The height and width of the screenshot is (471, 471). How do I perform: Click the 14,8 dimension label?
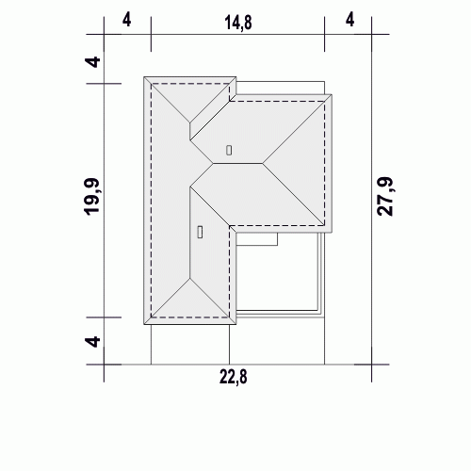[238, 23]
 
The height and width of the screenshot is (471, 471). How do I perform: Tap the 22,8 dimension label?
[234, 377]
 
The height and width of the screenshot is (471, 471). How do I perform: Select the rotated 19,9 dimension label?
[91, 197]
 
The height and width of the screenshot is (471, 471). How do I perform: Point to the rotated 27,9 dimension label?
[385, 197]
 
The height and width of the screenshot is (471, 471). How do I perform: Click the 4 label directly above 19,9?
[93, 62]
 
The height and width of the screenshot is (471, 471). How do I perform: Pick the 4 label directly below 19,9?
[93, 341]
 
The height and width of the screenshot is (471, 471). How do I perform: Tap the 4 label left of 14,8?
[126, 20]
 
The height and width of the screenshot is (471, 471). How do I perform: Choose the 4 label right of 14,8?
[349, 20]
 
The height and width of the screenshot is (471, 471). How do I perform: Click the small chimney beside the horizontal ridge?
[229, 151]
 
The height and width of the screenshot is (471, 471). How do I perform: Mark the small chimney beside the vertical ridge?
[200, 232]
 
